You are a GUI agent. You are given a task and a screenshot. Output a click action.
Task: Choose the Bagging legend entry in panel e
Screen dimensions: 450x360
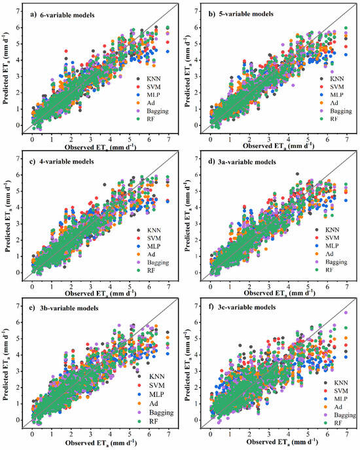157,413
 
